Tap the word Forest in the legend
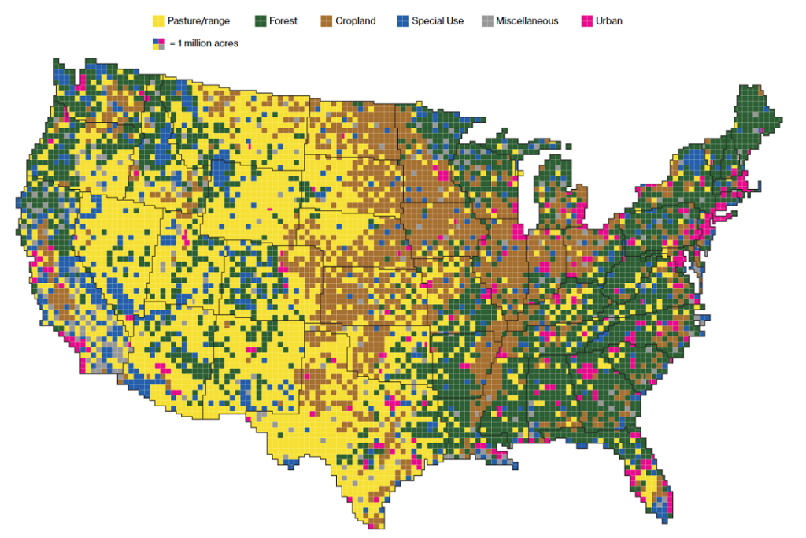click(x=283, y=21)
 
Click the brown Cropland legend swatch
click(x=326, y=21)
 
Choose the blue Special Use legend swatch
click(x=404, y=21)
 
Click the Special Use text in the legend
click(x=438, y=21)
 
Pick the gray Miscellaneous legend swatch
click(x=488, y=21)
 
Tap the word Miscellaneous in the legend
click(x=527, y=21)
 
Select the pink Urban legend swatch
click(x=586, y=21)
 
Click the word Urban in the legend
click(x=610, y=21)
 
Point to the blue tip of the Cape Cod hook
click(x=760, y=187)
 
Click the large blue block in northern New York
click(x=693, y=161)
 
